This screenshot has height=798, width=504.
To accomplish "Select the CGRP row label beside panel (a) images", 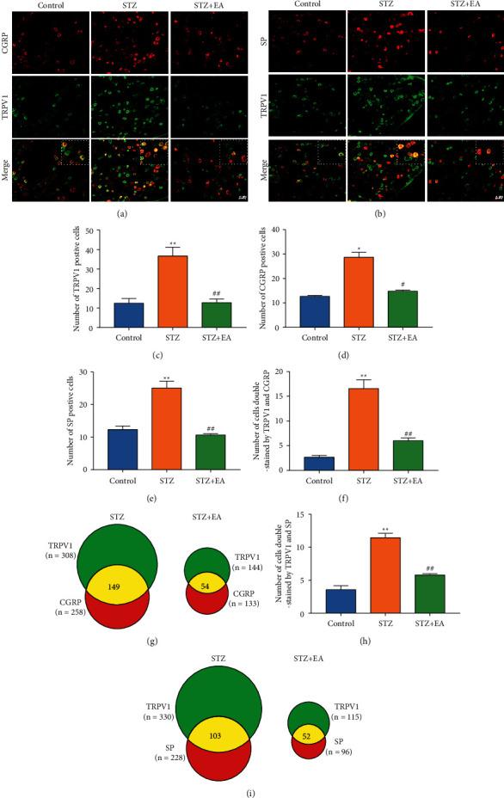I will click(7, 38).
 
